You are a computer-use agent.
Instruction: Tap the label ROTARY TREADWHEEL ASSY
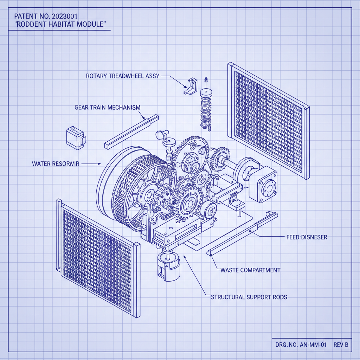pyautogui.click(x=122, y=76)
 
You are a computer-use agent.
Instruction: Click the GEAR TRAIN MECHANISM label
pyautogui.click(x=107, y=107)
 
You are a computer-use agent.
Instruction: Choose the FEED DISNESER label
pyautogui.click(x=307, y=237)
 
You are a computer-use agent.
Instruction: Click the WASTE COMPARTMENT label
pyautogui.click(x=250, y=270)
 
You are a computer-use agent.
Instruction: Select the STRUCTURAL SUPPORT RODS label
pyautogui.click(x=249, y=297)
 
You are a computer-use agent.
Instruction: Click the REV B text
pyautogui.click(x=341, y=345)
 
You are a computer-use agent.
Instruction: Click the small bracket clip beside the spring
pyautogui.click(x=191, y=86)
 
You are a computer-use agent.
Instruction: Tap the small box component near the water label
pyautogui.click(x=75, y=138)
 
